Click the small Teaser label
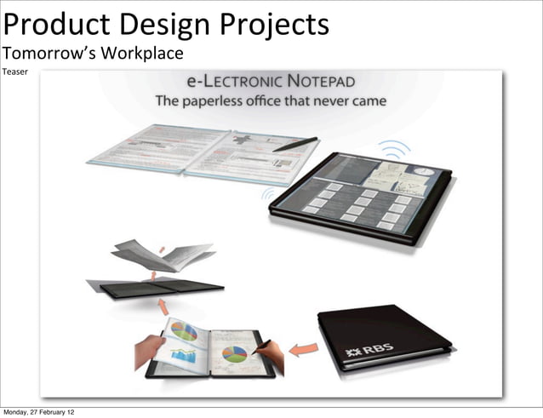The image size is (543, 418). (x=14, y=72)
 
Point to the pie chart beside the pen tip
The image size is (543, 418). (x=235, y=352)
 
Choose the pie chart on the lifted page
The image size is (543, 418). (x=184, y=331)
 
